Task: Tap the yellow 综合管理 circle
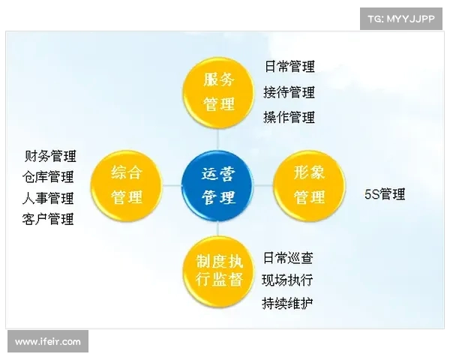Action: tap(127, 185)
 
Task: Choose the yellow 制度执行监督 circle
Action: tap(219, 271)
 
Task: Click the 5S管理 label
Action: tap(385, 194)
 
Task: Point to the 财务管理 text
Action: tap(51, 156)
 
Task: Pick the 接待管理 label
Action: tap(289, 92)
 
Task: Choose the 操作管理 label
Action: tap(289, 117)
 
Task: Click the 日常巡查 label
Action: tap(288, 258)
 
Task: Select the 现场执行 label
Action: tap(288, 280)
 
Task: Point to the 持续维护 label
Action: tap(288, 304)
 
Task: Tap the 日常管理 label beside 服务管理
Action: tap(289, 67)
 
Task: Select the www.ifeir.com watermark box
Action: tap(48, 342)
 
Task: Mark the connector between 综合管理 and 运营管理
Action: tap(172, 185)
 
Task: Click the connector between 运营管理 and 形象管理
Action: tap(265, 185)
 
